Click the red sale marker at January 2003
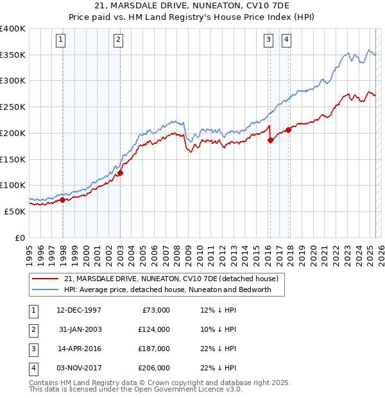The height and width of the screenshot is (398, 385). (x=120, y=173)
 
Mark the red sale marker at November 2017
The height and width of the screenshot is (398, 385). (x=289, y=130)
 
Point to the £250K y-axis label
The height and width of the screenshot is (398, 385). (x=13, y=107)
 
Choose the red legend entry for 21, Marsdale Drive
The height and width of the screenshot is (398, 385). (x=171, y=279)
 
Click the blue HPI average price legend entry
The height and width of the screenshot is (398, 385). (x=167, y=290)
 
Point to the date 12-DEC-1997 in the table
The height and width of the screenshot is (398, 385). (x=79, y=310)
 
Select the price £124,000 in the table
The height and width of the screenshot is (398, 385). (x=153, y=329)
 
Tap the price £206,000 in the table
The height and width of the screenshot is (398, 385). (x=153, y=368)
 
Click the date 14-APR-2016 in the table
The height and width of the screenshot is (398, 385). (x=79, y=349)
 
